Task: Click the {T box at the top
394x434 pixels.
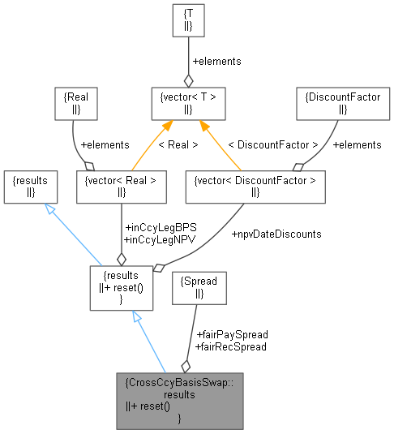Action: coord(188,20)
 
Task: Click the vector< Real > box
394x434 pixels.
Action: coord(121,187)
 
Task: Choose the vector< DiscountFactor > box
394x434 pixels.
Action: coord(255,187)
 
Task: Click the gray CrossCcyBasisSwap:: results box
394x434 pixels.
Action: coord(179,401)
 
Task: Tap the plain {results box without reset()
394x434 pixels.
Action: coord(31,187)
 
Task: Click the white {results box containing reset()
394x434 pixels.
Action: coord(121,286)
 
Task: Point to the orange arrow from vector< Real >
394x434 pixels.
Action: coord(153,146)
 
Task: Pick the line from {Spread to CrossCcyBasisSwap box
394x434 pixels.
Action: coord(191,341)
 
